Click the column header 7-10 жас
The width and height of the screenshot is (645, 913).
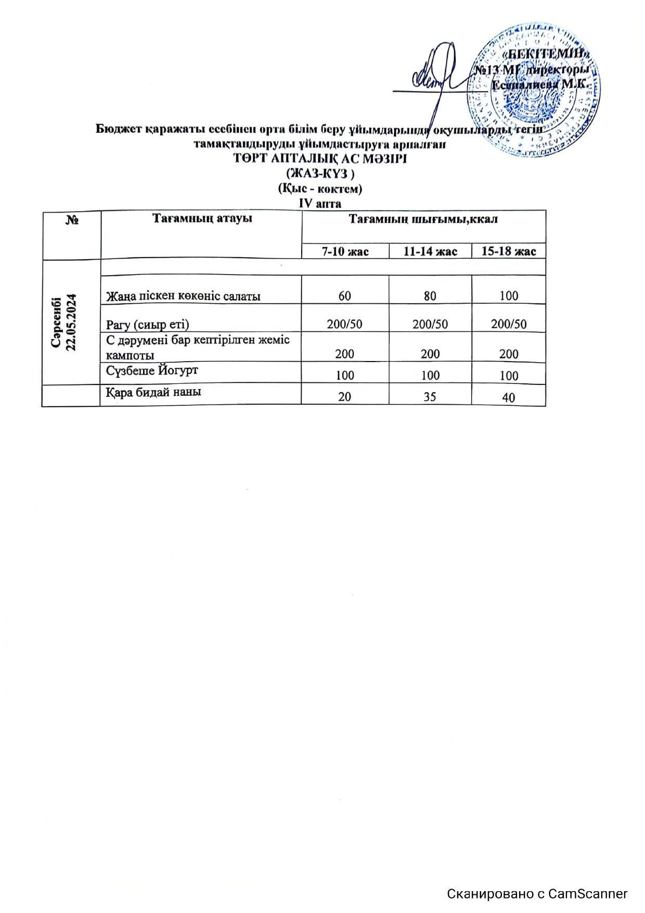(x=345, y=252)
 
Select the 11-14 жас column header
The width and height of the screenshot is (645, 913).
(x=430, y=252)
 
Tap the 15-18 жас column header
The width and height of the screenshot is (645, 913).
(x=508, y=252)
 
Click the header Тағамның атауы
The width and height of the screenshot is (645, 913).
(x=202, y=218)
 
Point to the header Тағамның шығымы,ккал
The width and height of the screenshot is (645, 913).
(x=423, y=219)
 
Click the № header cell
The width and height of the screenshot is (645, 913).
(x=72, y=221)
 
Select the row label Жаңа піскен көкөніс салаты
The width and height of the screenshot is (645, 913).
(x=183, y=296)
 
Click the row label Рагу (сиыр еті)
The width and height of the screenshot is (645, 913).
(x=147, y=325)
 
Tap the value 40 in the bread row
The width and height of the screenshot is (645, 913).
(x=509, y=398)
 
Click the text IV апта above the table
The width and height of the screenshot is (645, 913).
(x=319, y=203)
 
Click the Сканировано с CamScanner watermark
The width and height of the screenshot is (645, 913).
(x=537, y=894)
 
